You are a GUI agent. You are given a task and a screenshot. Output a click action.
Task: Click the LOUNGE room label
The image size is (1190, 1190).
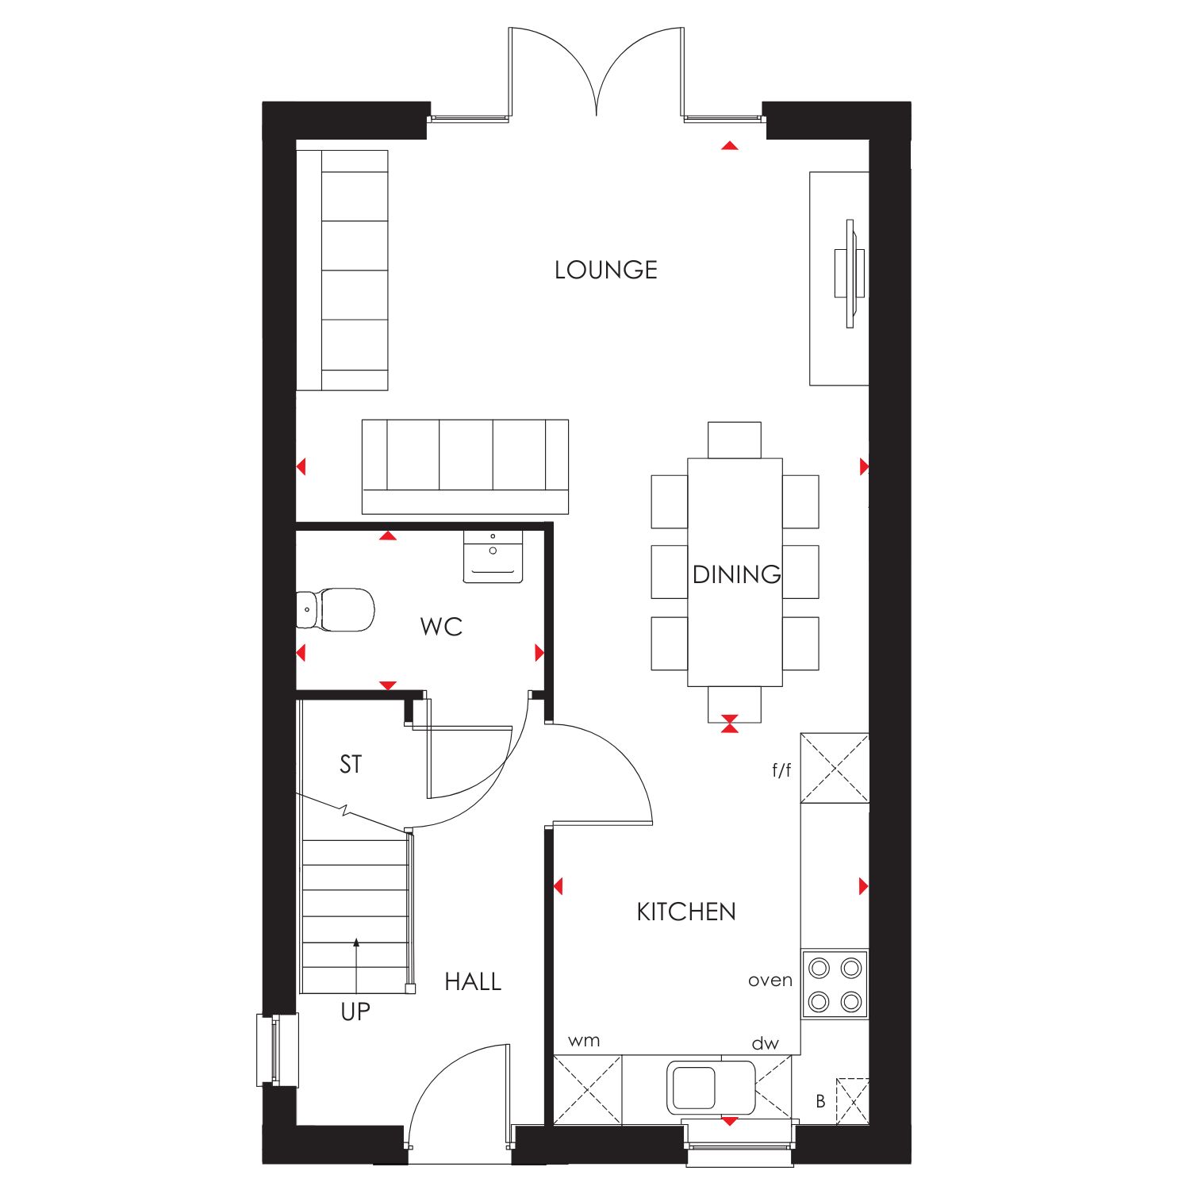pos(606,270)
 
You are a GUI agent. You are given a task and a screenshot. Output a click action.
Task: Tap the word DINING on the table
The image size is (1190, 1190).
pos(736,574)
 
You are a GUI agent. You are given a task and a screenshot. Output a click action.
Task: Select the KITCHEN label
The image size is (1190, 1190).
pos(686,912)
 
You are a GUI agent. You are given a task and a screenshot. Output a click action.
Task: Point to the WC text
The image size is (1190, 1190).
pos(441,627)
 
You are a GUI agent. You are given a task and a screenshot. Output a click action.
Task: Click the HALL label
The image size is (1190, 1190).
pos(473,982)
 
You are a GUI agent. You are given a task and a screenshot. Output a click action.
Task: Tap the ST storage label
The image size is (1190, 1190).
pos(351,764)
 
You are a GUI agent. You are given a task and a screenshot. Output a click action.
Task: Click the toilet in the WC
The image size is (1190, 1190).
pos(336,609)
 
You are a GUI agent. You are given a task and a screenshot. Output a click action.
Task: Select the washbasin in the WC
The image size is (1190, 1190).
pos(493,557)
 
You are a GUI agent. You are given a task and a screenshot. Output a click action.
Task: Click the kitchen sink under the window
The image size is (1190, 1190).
pos(711,1087)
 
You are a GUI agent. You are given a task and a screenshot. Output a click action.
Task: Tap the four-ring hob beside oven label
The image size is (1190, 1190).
pos(835,984)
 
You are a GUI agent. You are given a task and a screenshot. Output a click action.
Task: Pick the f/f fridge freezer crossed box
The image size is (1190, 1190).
pos(835,769)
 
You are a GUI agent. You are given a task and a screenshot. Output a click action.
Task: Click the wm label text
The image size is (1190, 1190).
pos(584,1041)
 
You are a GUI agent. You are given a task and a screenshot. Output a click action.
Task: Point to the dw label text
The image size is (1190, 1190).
pos(766,1043)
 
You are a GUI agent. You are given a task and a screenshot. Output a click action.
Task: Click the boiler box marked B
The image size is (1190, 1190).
pos(853,1101)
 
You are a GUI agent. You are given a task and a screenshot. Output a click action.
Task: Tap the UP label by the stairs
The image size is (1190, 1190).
pos(355,1011)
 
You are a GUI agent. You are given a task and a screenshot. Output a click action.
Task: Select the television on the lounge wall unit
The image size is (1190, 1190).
pos(850,274)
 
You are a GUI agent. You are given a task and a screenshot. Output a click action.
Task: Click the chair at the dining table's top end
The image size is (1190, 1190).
pos(735,440)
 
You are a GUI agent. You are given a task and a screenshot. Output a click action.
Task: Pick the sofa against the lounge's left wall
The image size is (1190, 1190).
pos(342,271)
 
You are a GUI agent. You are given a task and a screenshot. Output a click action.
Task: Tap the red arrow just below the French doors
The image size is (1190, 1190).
pos(730,146)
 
